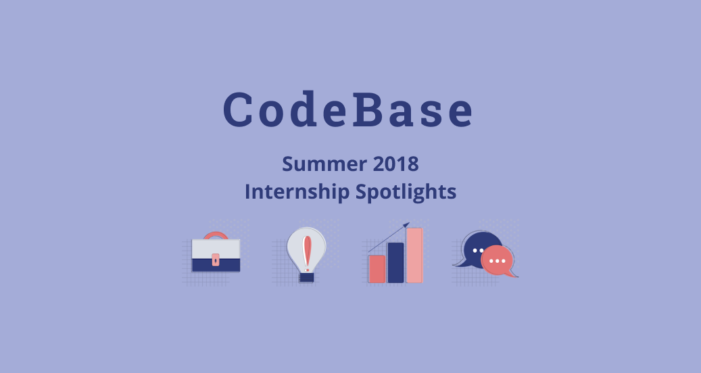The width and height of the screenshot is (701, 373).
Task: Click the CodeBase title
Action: pos(348,110)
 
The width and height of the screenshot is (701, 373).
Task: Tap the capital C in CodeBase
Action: pos(239,110)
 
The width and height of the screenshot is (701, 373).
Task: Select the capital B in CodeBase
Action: pos(370,110)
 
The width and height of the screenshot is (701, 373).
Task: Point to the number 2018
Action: pos(393,164)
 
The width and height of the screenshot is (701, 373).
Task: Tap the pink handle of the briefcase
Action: pos(216,235)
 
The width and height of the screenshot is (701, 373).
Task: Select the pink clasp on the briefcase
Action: pos(216,259)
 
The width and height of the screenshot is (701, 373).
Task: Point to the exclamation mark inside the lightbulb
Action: pos(308,251)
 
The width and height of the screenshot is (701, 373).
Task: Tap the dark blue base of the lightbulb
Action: pos(308,276)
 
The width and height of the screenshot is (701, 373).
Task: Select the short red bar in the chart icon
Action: pos(377,269)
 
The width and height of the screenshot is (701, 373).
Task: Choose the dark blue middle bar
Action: pos(395,263)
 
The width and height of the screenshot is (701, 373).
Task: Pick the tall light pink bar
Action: pos(414,255)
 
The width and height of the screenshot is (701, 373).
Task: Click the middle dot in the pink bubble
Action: pos(498,260)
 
